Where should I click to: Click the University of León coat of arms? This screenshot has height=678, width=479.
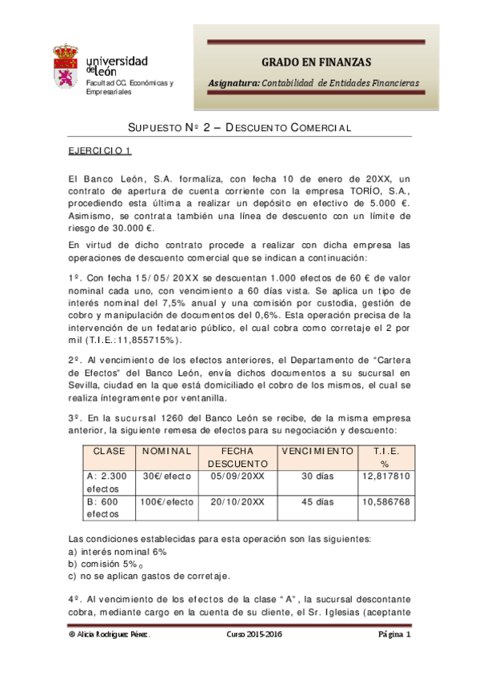(x=65, y=67)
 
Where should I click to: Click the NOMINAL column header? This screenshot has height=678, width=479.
(x=167, y=451)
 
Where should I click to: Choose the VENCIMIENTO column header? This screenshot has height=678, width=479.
(x=317, y=451)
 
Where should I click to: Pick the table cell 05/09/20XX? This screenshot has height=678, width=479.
(x=238, y=475)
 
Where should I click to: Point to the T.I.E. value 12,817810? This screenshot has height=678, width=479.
(x=385, y=475)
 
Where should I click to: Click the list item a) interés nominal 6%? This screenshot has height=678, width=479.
(x=118, y=550)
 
